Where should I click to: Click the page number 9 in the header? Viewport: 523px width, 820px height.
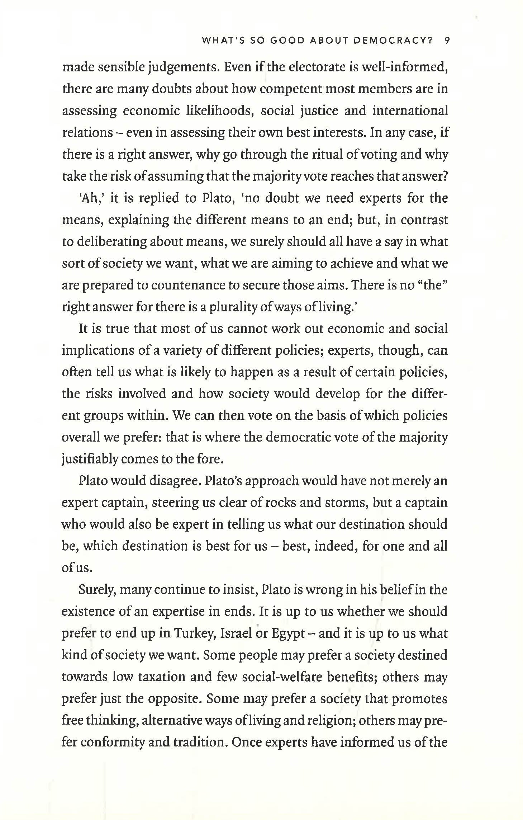click(446, 41)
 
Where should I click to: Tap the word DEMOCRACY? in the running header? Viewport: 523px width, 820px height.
click(393, 41)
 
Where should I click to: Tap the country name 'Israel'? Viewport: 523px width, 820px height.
click(237, 633)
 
